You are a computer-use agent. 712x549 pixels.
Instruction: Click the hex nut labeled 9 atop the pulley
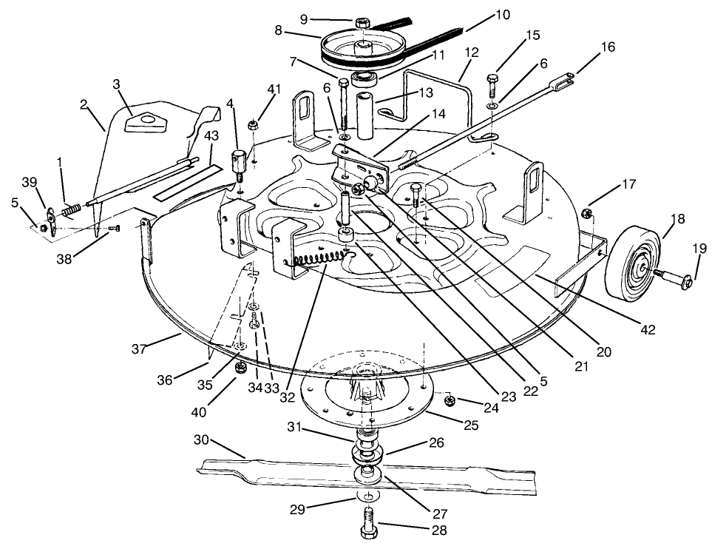(x=362, y=22)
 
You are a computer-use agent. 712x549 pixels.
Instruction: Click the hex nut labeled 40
(x=240, y=367)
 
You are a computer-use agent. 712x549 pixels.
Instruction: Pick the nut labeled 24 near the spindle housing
(x=449, y=401)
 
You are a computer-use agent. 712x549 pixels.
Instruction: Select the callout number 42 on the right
(x=648, y=329)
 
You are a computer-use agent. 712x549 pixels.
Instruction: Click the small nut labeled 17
(x=588, y=214)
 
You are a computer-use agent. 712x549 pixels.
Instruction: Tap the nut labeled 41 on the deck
(x=252, y=123)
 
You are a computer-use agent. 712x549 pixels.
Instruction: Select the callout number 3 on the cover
(x=117, y=84)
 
